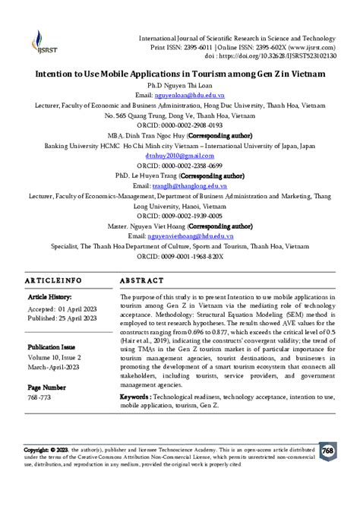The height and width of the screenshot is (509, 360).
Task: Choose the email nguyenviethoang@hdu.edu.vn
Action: [x=201, y=236]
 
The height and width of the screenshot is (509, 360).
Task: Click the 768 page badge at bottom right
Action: [x=328, y=450]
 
